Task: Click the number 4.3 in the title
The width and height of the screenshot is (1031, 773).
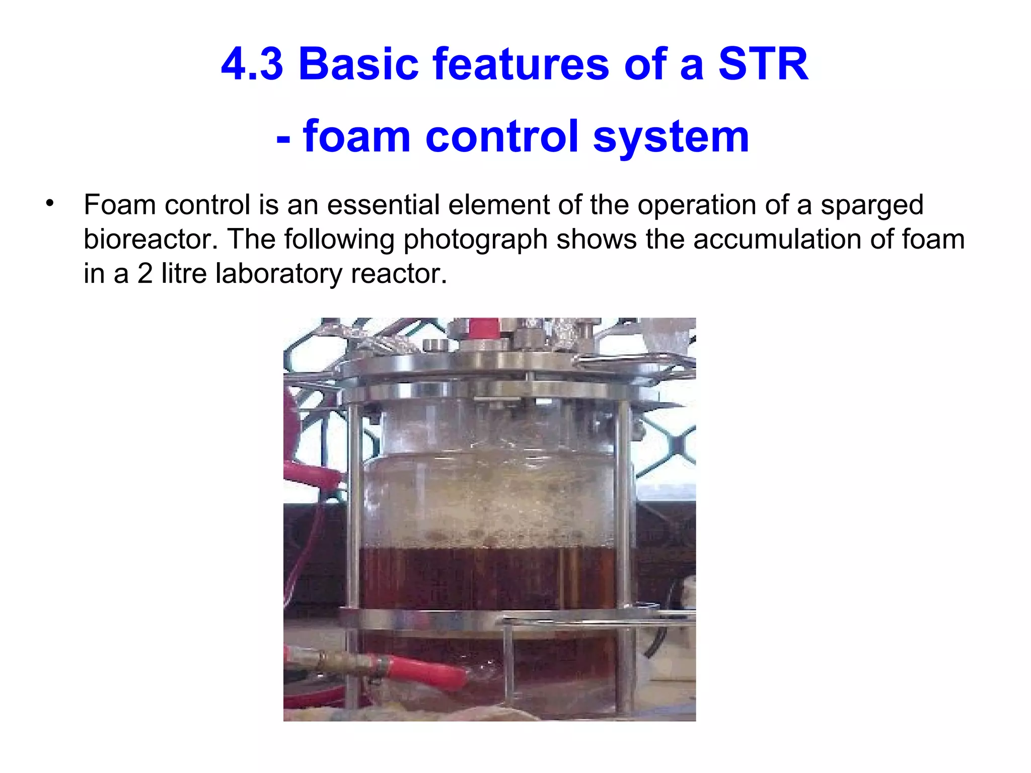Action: (252, 64)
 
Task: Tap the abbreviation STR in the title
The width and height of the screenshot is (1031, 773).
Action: (763, 64)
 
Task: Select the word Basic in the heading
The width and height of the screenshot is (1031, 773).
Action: (358, 64)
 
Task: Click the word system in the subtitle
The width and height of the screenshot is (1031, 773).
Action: (671, 137)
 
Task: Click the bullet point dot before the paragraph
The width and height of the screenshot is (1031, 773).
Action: (49, 204)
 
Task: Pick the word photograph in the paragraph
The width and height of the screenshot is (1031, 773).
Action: (475, 240)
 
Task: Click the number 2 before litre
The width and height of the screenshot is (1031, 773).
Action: (145, 274)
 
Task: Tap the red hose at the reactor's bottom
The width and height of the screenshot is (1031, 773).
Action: (428, 671)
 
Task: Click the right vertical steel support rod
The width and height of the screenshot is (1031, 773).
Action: (624, 503)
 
